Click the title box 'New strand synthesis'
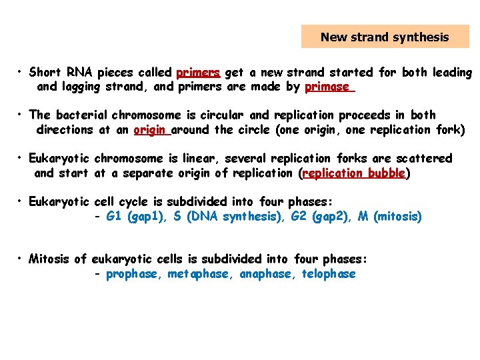tap(385, 37)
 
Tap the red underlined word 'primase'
tap(327, 87)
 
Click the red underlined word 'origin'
tap(150, 130)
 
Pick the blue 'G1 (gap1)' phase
tap(135, 216)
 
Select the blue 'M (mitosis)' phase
tap(390, 216)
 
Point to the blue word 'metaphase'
tap(198, 274)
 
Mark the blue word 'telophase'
tap(329, 274)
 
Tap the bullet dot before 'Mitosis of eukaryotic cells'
tap(22, 259)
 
